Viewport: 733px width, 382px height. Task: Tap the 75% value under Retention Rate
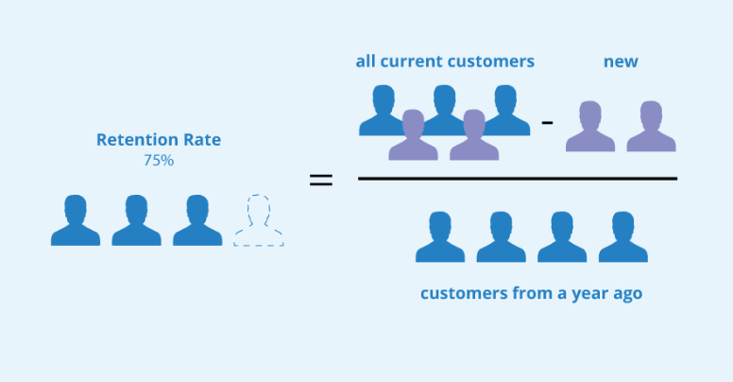[x=159, y=161]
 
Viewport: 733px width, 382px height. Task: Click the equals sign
[x=321, y=180]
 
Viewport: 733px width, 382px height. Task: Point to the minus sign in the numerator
[x=546, y=121]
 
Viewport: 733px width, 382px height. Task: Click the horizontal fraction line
[x=517, y=178]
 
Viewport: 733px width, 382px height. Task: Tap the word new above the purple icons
[x=621, y=62]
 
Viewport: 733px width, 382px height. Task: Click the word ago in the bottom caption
[x=625, y=294]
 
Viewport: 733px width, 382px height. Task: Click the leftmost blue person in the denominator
[x=440, y=236]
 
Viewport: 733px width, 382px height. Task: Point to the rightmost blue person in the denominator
[x=623, y=236]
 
